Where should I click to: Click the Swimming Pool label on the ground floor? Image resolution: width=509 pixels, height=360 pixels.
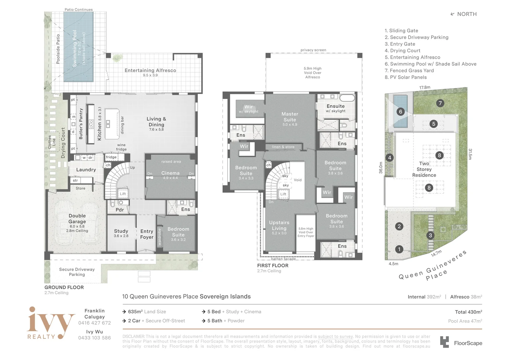(x=75, y=49)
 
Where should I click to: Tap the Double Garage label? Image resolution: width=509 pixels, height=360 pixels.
(x=77, y=219)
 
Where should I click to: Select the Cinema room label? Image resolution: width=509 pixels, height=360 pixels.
(x=171, y=173)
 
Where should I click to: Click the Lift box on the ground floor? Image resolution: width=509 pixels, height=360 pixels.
(x=123, y=194)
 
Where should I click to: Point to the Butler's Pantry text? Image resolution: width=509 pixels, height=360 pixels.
(x=81, y=124)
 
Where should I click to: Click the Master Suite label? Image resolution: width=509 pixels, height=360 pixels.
(x=290, y=117)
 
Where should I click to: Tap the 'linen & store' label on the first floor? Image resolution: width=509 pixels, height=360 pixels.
(x=283, y=147)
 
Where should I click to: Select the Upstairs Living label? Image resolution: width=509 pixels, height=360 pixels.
(x=279, y=225)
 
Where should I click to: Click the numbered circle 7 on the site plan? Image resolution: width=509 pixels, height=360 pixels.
(x=440, y=103)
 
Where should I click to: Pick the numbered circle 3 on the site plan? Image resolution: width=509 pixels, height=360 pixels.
(x=430, y=235)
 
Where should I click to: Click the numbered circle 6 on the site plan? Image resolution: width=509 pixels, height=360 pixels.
(x=401, y=112)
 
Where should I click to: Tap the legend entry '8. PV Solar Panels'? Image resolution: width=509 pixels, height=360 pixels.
(x=405, y=77)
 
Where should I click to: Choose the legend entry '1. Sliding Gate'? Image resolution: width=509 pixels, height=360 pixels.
(x=401, y=30)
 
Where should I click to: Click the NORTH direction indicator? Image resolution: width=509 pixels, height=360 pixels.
(x=463, y=14)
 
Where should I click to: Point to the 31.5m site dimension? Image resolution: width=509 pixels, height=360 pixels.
(x=470, y=154)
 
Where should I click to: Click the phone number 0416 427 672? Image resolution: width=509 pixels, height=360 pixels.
(x=95, y=323)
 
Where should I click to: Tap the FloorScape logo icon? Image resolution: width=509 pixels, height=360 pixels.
(x=444, y=342)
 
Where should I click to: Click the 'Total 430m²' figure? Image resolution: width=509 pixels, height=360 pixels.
(x=468, y=312)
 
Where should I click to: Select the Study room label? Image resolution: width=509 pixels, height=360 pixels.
(x=121, y=231)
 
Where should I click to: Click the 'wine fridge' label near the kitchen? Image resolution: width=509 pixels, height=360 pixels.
(x=121, y=147)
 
